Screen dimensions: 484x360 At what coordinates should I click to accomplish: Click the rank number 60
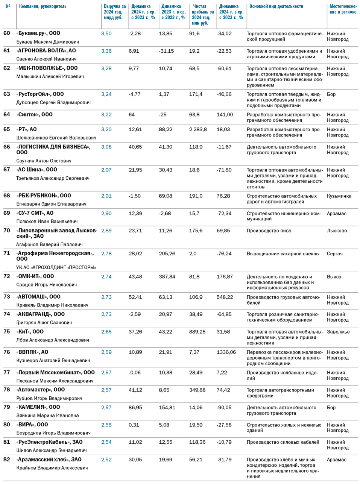7,33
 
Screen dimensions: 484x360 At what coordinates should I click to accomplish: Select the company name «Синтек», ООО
34,114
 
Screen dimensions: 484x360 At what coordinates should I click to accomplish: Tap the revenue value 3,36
106,51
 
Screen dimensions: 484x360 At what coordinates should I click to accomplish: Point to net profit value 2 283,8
198,129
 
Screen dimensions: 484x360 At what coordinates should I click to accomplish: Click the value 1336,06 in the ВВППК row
226,352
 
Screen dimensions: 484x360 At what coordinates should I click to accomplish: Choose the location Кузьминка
339,196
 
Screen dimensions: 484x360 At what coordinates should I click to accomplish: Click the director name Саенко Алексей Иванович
46,59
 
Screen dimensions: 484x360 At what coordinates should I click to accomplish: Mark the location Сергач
334,254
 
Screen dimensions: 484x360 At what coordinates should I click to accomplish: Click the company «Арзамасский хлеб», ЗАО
49,459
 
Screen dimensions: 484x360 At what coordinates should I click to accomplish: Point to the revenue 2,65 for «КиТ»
106,332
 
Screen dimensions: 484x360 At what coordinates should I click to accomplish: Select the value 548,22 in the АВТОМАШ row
225,297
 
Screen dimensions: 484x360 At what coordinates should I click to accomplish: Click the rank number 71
7,253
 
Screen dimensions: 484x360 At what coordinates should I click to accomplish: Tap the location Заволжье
338,332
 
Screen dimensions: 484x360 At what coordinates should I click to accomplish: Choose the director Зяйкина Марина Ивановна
47,416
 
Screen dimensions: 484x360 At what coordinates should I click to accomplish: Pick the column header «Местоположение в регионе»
343,9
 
